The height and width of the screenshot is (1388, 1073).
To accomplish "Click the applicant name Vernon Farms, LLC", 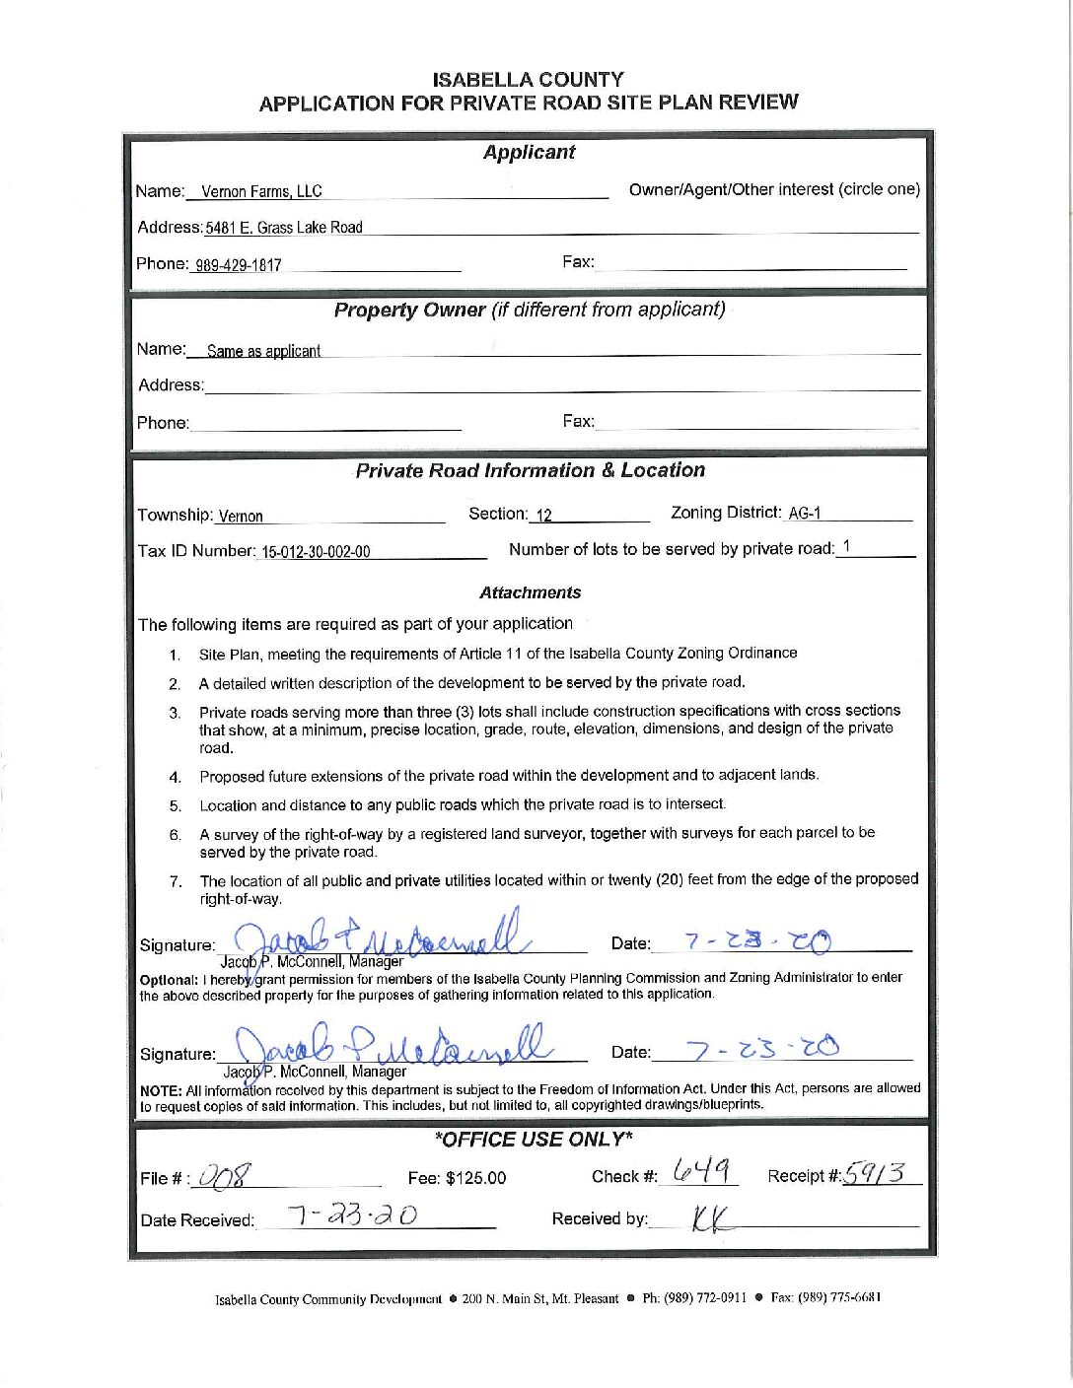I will tap(261, 191).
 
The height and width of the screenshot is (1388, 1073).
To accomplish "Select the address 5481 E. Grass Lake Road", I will tap(284, 228).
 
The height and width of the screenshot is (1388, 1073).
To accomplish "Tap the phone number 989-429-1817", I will tap(238, 264).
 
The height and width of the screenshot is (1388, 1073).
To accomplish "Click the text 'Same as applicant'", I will tap(263, 351).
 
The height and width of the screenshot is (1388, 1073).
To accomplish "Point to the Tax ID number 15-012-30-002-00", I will tap(316, 552).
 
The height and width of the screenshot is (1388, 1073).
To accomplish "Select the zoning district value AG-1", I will tap(805, 513).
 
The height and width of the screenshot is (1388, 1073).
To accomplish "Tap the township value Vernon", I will tap(241, 517).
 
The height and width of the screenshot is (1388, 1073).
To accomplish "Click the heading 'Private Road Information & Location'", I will tap(531, 470).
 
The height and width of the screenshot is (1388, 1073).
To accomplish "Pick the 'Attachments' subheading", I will tap(530, 592).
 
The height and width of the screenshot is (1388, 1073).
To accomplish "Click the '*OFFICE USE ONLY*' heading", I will tap(533, 1140).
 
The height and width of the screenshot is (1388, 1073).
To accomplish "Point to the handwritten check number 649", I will tap(702, 1171).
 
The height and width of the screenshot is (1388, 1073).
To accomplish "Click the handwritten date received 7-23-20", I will tap(352, 1216).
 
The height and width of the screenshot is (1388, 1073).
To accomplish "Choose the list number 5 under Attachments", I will tap(175, 805).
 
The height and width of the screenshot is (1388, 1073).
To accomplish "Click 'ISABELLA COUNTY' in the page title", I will tap(528, 79).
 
